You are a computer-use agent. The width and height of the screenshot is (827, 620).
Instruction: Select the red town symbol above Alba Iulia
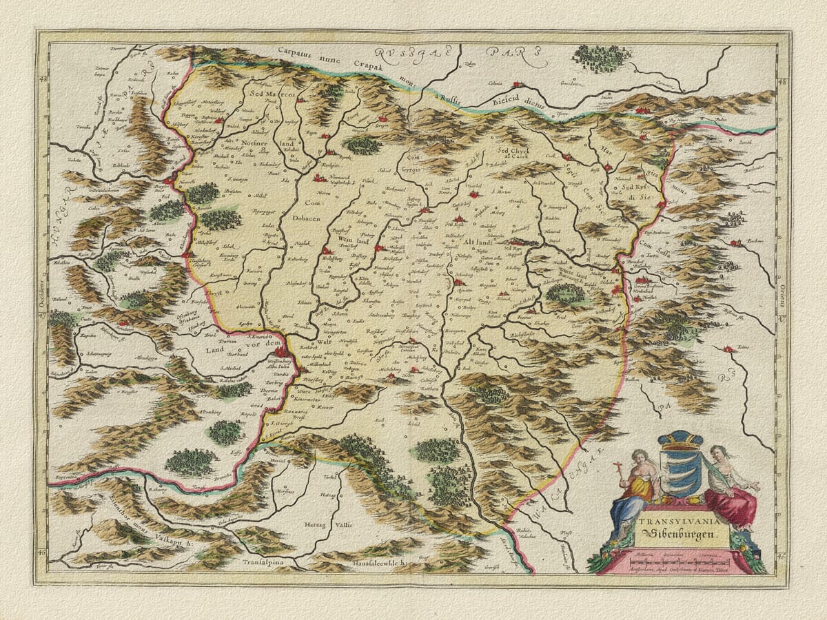tap(280, 352)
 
